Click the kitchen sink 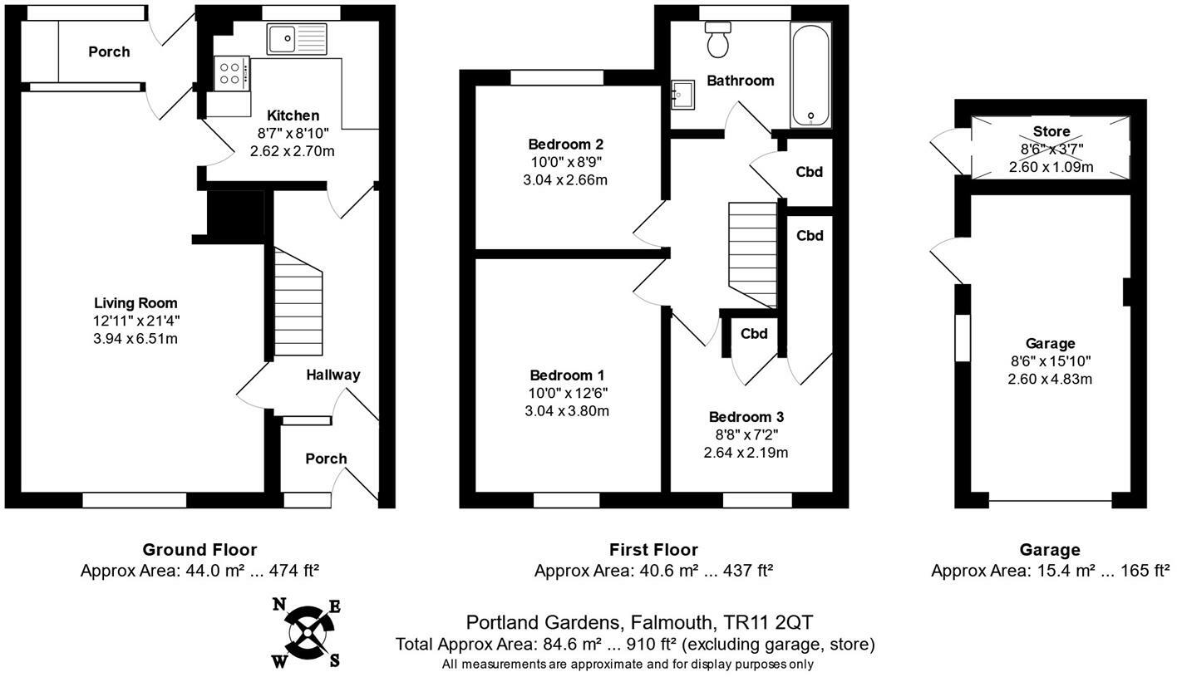tap(297, 39)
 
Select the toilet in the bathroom tap(718, 40)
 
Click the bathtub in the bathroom tap(810, 75)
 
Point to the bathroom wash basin tap(683, 95)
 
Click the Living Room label tap(135, 303)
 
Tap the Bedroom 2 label tap(565, 144)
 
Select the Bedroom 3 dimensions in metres tap(746, 452)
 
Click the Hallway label tap(333, 375)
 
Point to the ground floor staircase tap(298, 302)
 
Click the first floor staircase tap(752, 255)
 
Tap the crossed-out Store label tap(1051, 131)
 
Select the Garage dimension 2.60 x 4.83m tap(1050, 379)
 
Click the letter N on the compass tap(279, 605)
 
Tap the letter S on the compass tap(334, 660)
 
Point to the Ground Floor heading tap(199, 550)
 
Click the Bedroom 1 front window tap(566, 500)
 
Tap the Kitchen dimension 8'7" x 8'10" tap(293, 133)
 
